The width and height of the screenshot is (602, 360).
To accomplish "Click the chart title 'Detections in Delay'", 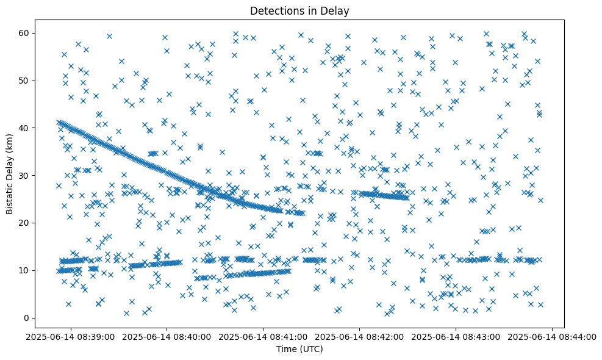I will click(x=299, y=10).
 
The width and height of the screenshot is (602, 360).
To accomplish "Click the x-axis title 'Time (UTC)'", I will click(x=299, y=349).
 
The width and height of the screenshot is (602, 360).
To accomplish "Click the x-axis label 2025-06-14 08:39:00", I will click(x=71, y=336).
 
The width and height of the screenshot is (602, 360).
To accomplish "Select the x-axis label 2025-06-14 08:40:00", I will click(x=167, y=336).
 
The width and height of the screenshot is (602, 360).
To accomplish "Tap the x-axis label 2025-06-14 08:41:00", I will click(x=263, y=336).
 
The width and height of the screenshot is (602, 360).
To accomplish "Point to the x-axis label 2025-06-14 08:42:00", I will click(x=360, y=336).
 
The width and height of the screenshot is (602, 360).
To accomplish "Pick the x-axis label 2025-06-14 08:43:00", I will click(x=456, y=336).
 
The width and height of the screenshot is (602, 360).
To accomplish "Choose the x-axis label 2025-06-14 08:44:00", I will click(x=553, y=336).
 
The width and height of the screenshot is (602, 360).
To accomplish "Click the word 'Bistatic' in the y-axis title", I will click(x=10, y=196).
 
